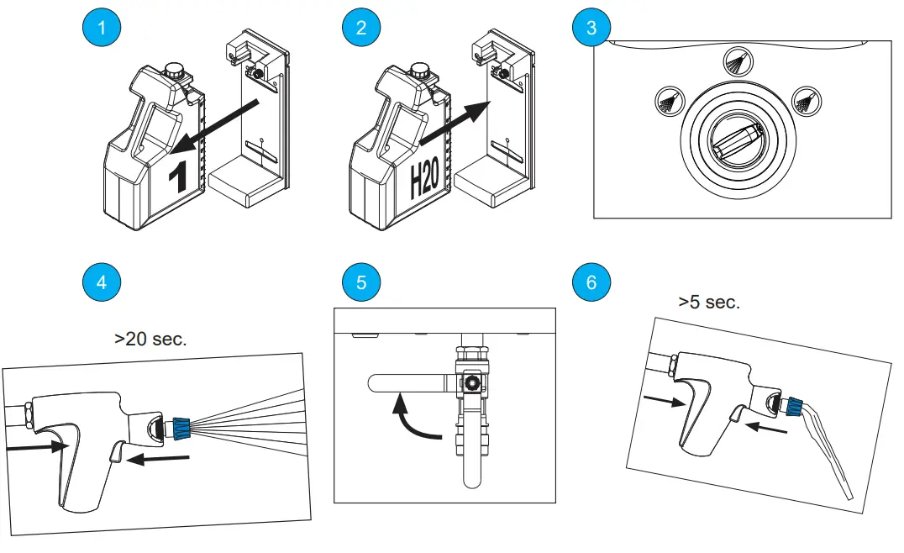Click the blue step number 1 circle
[102, 27]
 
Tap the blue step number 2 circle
[361, 27]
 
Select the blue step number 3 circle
[591, 27]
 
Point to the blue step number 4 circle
[102, 282]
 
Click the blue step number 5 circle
[361, 282]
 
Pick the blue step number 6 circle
[591, 282]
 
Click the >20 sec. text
[150, 340]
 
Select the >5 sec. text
[709, 303]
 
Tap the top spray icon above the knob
[738, 61]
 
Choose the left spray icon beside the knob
[669, 102]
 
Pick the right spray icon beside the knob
[807, 102]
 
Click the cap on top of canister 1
[174, 71]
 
